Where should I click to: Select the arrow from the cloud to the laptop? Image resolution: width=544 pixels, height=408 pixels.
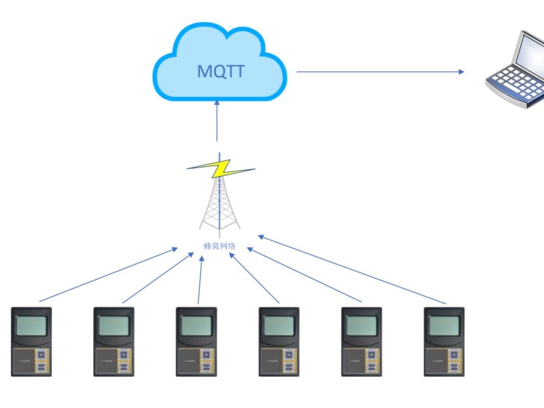(380, 72)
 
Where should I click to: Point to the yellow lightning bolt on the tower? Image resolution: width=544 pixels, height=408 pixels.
(220, 169)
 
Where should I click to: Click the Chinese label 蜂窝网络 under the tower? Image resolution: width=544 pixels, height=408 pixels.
(219, 246)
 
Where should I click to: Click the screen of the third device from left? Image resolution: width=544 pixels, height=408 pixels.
(196, 326)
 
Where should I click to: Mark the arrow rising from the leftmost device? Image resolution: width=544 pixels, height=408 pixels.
(109, 275)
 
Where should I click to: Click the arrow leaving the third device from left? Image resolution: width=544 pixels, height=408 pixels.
(200, 279)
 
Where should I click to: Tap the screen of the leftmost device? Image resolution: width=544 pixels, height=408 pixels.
(31, 326)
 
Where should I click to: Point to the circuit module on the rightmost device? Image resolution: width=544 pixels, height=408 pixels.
(454, 361)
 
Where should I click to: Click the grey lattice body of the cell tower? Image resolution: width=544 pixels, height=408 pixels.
(219, 206)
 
